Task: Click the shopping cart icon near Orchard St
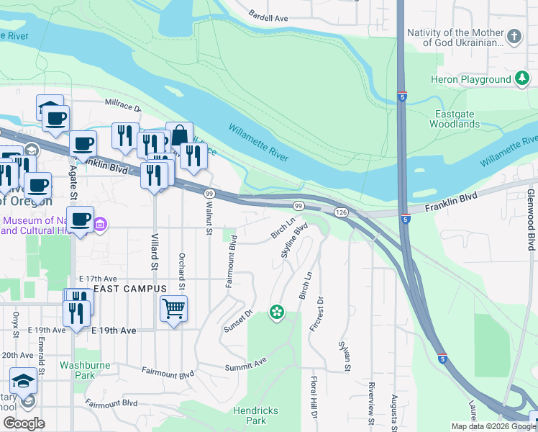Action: tap(173, 309)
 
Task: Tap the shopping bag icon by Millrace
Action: tap(179, 135)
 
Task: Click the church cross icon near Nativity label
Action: tap(514, 36)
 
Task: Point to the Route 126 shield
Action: tap(341, 212)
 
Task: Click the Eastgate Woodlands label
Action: tap(455, 119)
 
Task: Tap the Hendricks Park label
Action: tap(250, 414)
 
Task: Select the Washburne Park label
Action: tap(85, 370)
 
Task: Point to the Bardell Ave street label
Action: tap(268, 16)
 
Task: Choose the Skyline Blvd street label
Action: tap(294, 240)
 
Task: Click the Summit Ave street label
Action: tap(246, 364)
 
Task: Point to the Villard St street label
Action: tap(155, 251)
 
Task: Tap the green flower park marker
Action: tap(276, 312)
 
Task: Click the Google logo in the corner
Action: tap(24, 423)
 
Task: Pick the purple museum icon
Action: tap(100, 226)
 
